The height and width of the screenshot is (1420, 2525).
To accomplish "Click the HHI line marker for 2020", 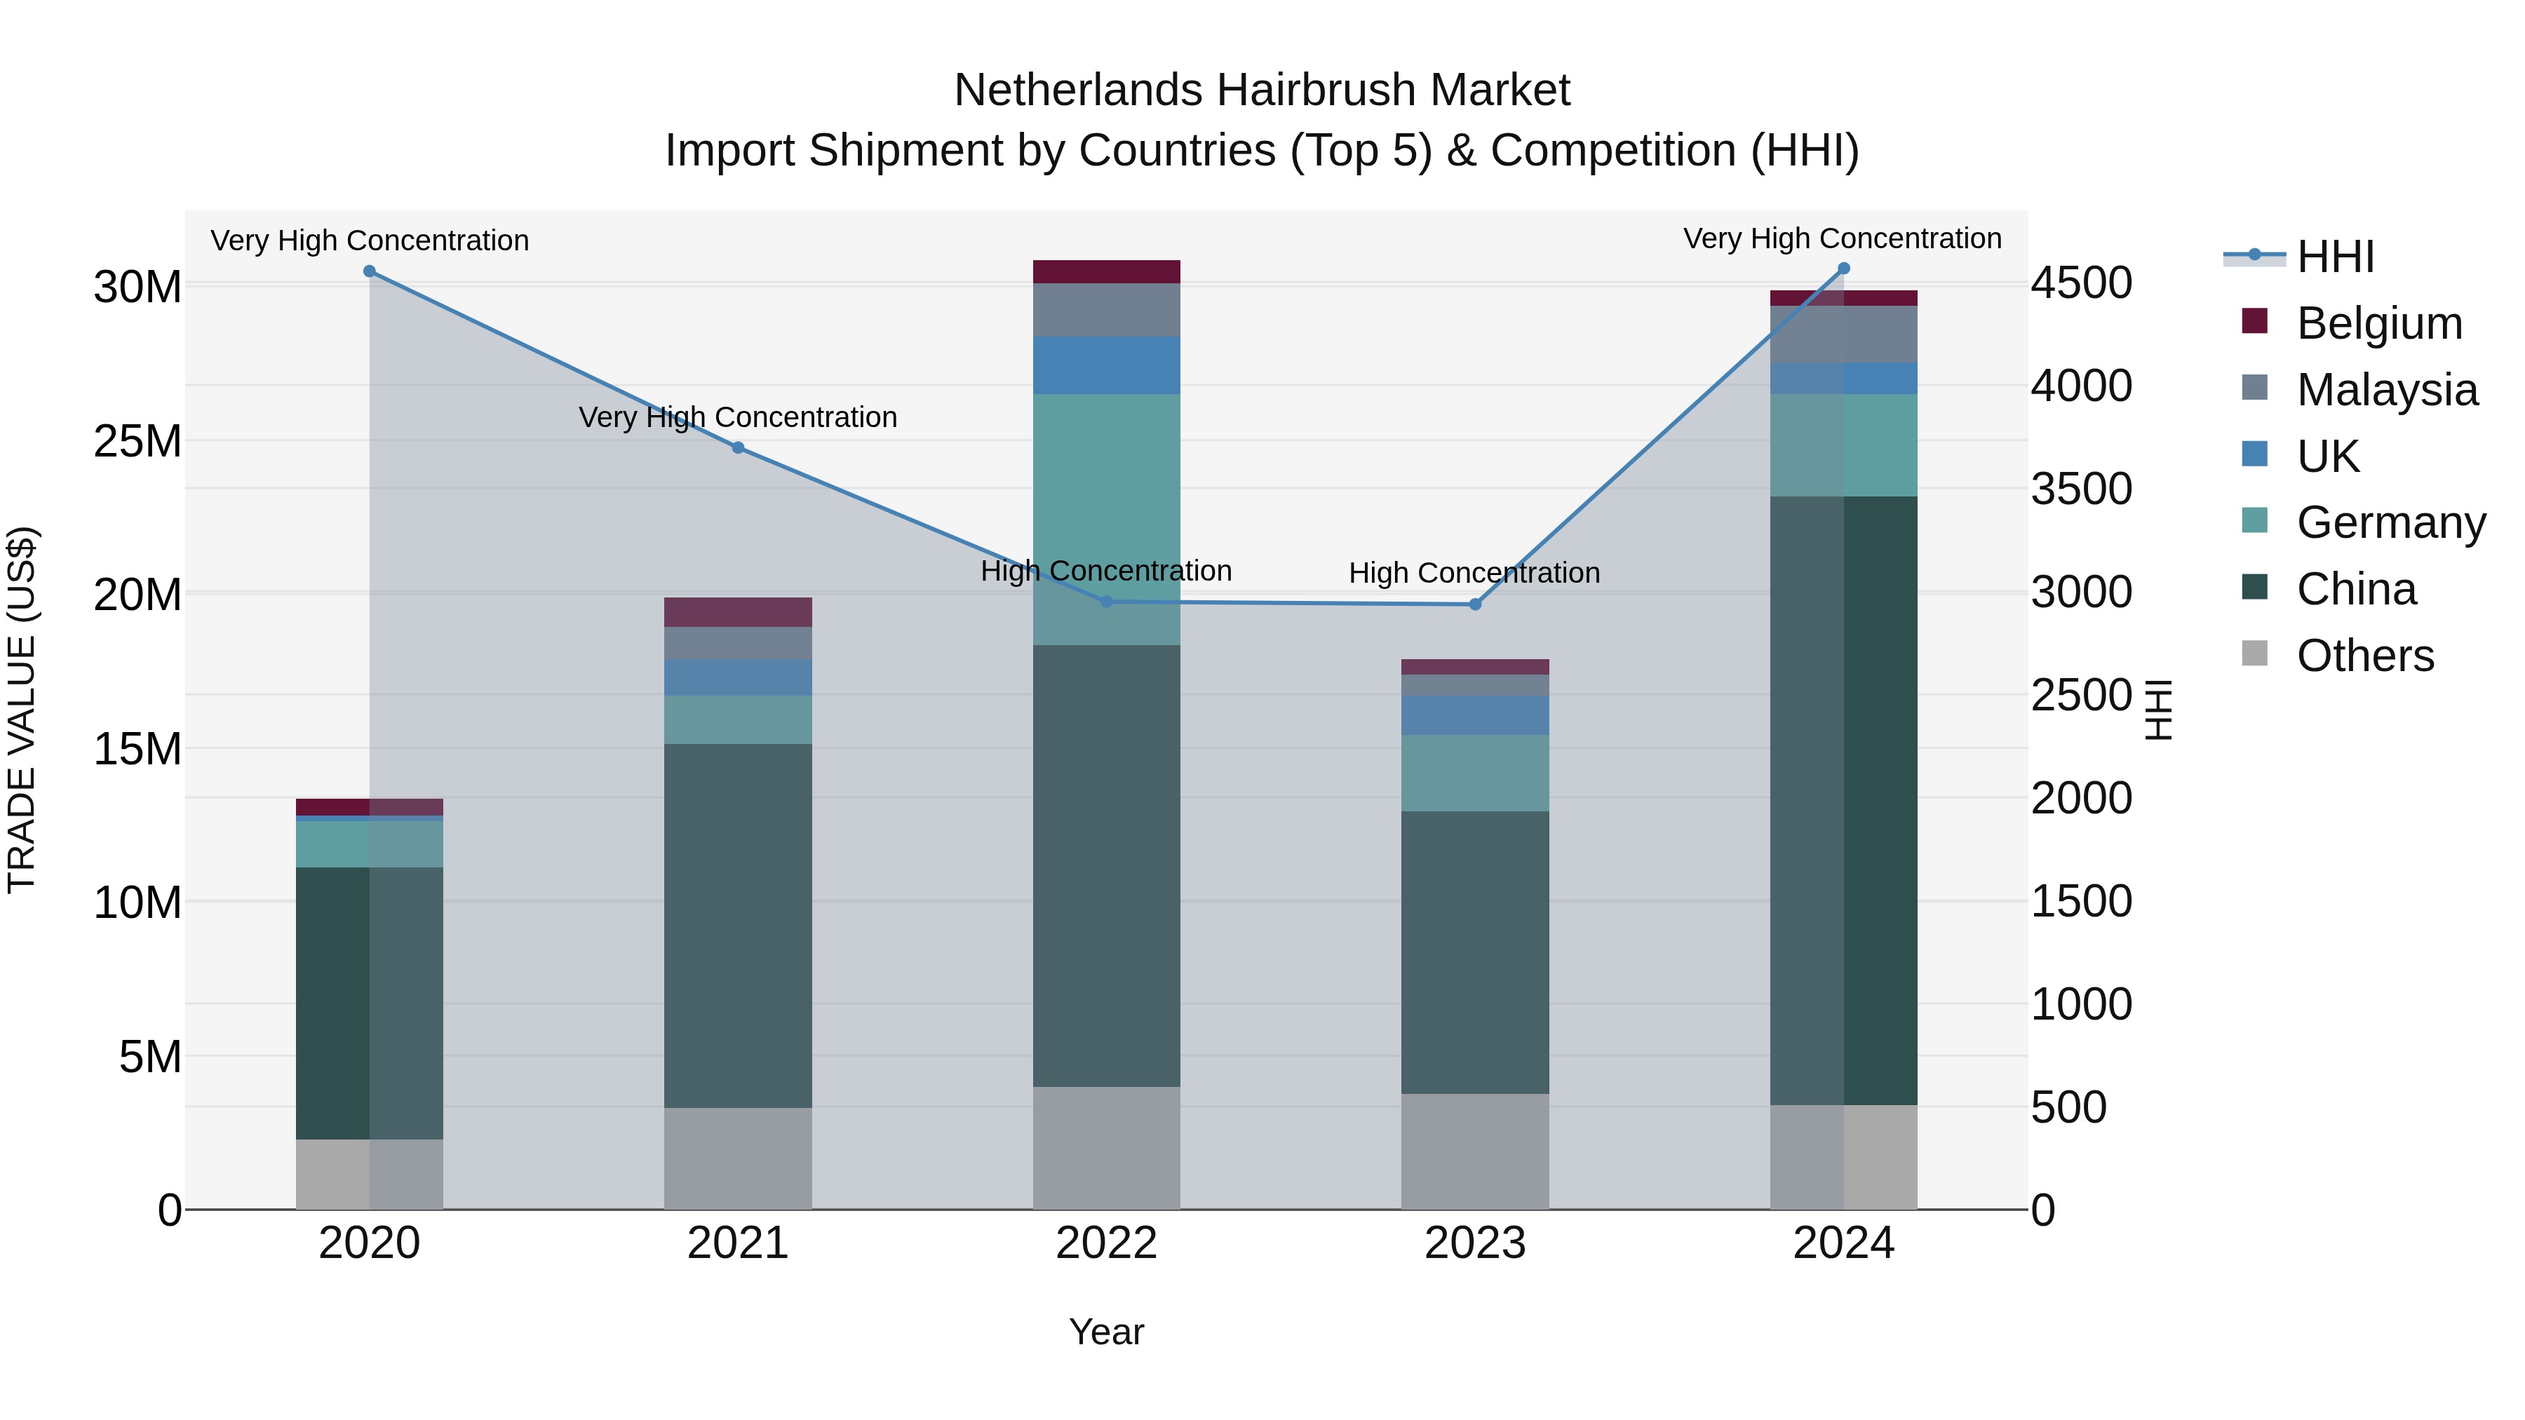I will point(370,271).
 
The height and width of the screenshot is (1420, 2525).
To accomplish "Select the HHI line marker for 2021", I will point(738,448).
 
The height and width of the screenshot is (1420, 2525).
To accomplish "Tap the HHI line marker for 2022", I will point(1107,602).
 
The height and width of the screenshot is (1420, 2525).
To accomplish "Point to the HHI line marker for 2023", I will point(1475,604).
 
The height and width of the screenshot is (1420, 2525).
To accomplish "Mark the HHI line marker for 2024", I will point(1844,269).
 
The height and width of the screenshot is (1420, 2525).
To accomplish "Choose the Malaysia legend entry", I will point(2386,390).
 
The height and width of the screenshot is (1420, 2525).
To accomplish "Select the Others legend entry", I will point(2364,656).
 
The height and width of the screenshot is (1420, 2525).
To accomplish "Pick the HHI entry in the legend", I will point(2335,257).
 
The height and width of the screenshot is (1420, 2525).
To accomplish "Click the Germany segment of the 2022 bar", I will point(1107,520).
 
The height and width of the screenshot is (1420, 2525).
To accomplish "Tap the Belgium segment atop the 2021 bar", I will point(738,612).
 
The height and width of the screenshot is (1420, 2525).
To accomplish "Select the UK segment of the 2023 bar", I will point(1475,715).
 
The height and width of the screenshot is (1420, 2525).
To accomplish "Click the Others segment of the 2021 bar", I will point(738,1158).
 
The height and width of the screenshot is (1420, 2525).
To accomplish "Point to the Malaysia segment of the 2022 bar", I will point(1107,310).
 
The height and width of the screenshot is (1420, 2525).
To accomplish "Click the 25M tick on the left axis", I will point(137,442).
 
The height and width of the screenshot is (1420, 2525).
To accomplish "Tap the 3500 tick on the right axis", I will point(2081,489).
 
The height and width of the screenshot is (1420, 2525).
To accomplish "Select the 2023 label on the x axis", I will point(1475,1243).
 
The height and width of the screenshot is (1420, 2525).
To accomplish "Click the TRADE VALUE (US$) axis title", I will point(22,710).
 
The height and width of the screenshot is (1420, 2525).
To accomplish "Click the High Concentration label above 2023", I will point(1474,574).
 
